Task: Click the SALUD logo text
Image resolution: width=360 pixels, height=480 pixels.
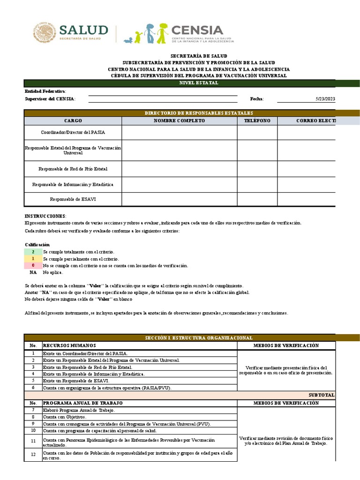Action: coord(83,31)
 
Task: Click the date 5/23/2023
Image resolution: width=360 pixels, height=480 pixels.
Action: coord(326,99)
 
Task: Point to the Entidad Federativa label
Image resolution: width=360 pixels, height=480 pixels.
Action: coord(45,91)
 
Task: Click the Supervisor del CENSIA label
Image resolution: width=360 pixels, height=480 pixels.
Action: coord(50,99)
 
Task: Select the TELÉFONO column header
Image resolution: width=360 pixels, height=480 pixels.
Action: coord(257,121)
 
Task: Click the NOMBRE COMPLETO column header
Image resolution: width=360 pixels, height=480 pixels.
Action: coord(179,121)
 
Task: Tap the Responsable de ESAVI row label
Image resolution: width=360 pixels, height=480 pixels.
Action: coord(73,200)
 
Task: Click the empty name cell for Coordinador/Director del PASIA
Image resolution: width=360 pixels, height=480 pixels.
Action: coord(179,133)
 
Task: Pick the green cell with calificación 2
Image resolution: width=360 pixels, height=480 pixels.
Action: coord(33,252)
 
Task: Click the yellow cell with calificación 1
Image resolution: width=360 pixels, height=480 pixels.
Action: coord(33,259)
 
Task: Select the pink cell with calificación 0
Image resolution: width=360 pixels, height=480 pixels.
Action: coord(33,265)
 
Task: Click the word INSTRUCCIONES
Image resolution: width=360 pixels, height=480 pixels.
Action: coord(45,216)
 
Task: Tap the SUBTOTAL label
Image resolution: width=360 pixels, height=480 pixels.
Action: coord(321,395)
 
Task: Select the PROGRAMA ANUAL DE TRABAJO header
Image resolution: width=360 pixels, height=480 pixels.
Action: coord(82,403)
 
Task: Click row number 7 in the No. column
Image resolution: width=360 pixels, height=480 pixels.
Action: coord(33,410)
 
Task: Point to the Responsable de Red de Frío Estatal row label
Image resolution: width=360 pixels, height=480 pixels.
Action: coord(73,169)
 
